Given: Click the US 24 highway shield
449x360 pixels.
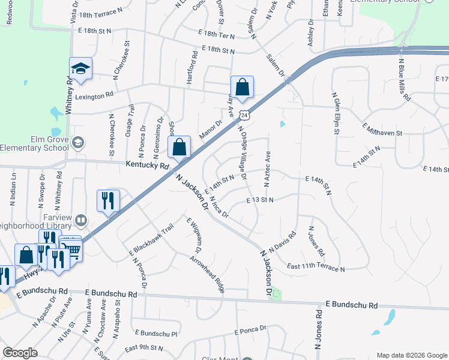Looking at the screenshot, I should point(242,115).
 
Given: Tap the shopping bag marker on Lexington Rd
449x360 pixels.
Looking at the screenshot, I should point(242,88).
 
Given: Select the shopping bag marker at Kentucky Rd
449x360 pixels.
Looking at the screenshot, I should point(179,147).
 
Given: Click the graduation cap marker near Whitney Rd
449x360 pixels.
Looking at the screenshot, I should point(80,70).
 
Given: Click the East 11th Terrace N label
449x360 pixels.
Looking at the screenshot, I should point(316,268).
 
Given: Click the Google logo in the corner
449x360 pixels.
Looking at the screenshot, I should point(20,353).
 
